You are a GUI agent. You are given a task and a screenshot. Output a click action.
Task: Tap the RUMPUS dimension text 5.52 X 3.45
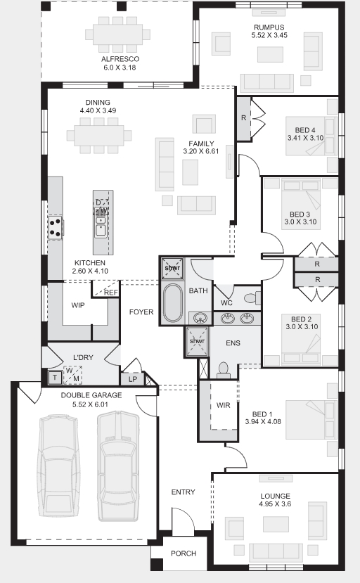click(x=269, y=35)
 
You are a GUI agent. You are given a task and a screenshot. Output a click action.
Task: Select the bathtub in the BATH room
click(x=172, y=302)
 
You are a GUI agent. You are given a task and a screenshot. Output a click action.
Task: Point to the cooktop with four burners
click(x=56, y=228)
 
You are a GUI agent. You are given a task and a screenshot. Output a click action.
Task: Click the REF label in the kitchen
click(x=111, y=293)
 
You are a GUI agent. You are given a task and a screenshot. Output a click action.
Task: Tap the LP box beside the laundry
click(x=133, y=379)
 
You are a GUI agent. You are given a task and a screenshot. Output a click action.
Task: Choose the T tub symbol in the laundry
click(x=55, y=378)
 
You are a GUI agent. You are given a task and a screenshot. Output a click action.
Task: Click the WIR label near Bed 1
click(x=223, y=405)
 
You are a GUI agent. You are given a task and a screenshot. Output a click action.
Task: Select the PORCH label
click(x=184, y=553)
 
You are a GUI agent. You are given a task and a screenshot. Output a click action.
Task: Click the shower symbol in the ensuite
click(x=197, y=341)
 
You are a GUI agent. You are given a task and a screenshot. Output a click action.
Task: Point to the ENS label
click(x=233, y=342)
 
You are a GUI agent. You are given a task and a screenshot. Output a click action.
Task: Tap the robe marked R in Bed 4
click(x=243, y=118)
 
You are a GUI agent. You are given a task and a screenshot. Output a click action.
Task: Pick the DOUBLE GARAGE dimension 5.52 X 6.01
click(x=91, y=404)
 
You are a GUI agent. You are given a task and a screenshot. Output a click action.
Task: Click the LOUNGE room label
click(x=275, y=496)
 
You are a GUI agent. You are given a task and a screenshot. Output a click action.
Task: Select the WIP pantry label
click(x=78, y=305)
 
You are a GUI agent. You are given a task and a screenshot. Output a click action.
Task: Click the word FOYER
click(x=141, y=312)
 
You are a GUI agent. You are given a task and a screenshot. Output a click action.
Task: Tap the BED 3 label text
click(x=300, y=214)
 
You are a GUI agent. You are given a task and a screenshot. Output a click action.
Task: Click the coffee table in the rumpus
click(x=270, y=54)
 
